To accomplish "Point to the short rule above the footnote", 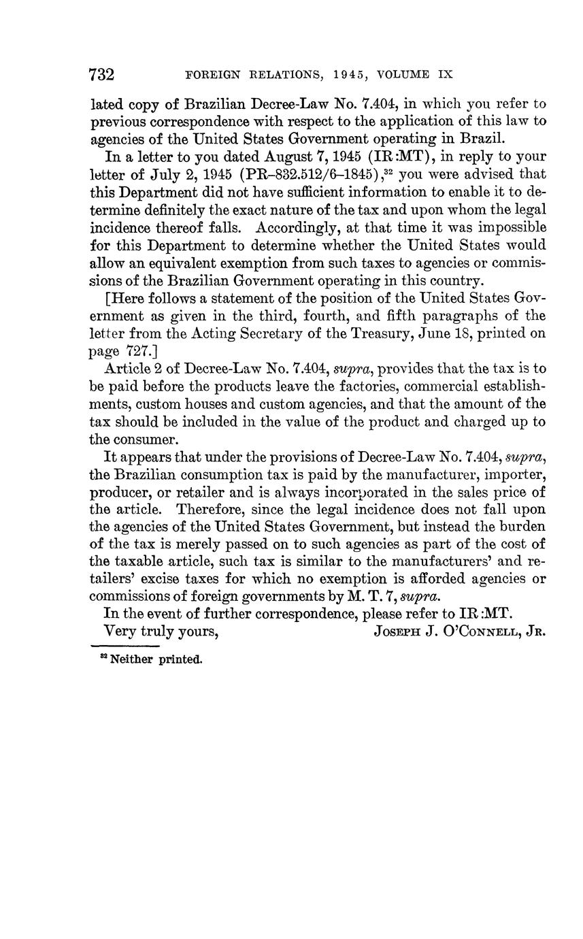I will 124,646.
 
